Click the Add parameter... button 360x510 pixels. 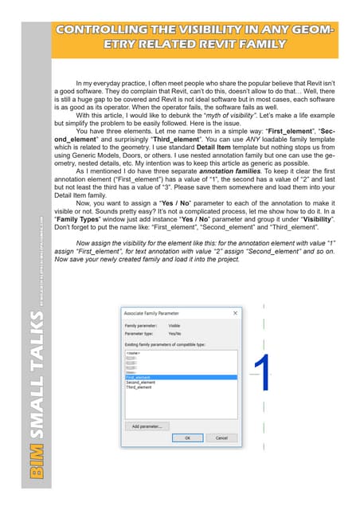[x=146, y=426]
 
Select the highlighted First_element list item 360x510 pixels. [x=140, y=378]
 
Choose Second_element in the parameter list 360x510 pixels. [x=141, y=382]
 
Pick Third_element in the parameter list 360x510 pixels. [x=139, y=387]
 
